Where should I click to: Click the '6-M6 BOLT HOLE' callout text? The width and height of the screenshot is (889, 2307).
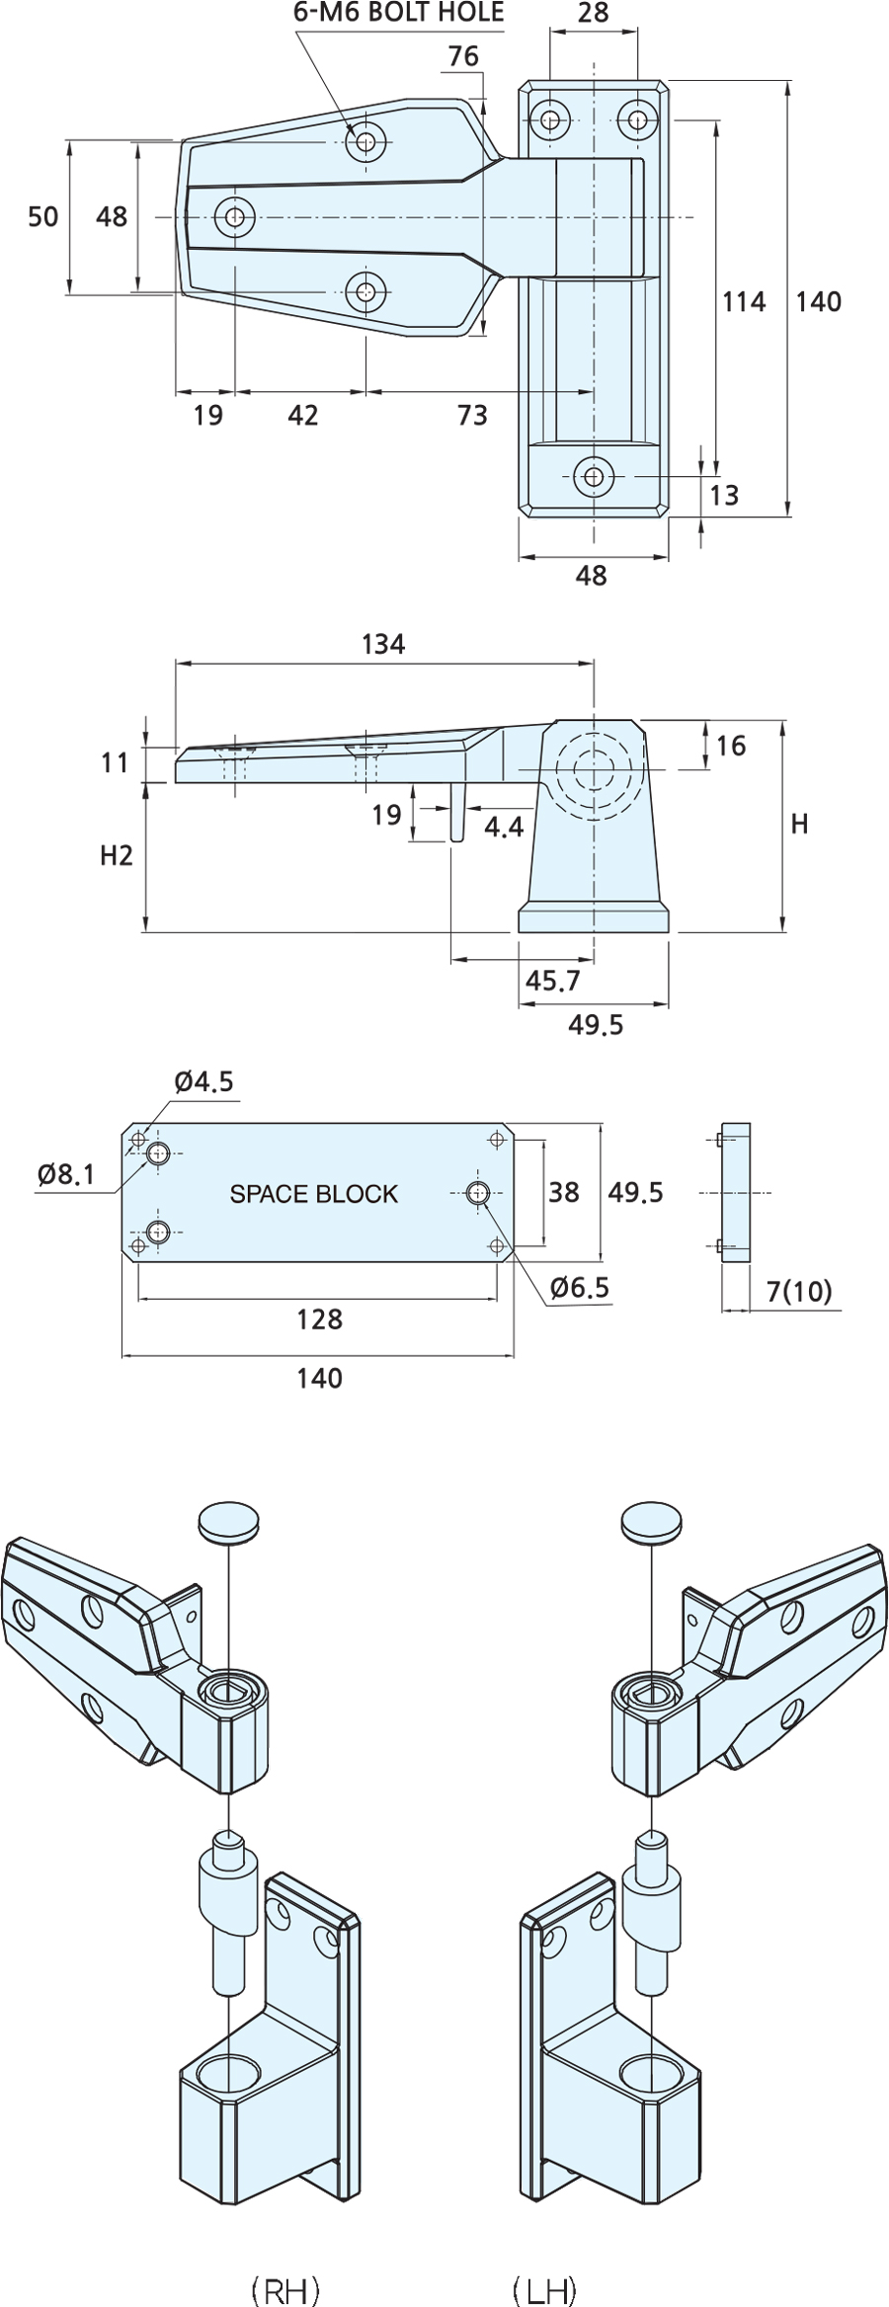(398, 12)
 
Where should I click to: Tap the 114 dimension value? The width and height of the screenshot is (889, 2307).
(744, 301)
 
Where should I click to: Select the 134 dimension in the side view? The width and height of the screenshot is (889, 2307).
(383, 644)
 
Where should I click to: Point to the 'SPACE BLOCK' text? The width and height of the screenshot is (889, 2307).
(314, 1194)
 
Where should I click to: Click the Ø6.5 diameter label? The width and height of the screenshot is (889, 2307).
(581, 1287)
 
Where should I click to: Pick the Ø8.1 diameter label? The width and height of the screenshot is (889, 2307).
(66, 1173)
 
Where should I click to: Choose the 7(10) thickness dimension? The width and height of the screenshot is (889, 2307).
(799, 1291)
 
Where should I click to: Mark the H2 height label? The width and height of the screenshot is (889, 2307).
(116, 855)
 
